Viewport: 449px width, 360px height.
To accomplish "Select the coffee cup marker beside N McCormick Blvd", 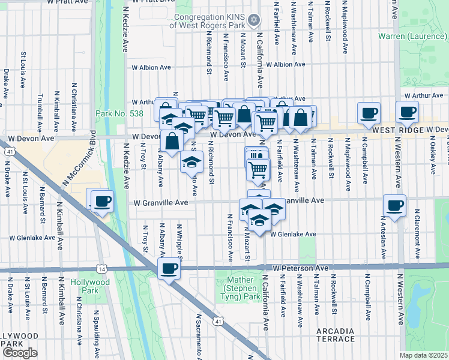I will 103,201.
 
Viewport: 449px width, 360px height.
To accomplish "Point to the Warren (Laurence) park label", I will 413,37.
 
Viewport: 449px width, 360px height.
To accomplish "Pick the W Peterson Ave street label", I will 301,267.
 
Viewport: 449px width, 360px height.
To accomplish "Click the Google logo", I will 20,353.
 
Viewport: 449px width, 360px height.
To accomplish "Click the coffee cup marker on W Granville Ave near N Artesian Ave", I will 394,206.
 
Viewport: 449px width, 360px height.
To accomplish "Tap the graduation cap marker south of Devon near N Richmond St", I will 191,163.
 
